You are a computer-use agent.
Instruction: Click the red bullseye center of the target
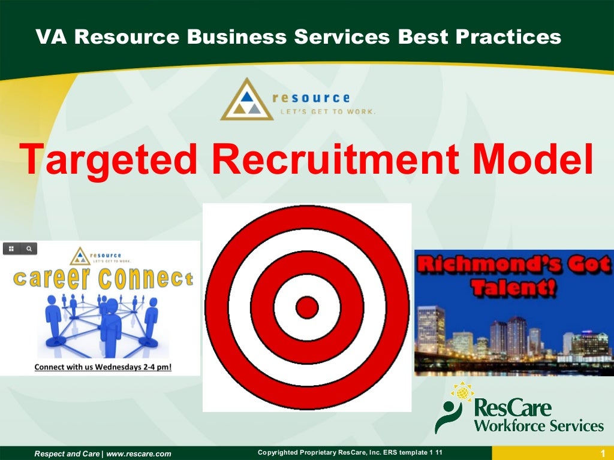307,307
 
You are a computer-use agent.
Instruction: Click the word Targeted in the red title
109,159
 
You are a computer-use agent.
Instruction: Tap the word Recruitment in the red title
336,159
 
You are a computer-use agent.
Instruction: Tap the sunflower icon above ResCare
462,392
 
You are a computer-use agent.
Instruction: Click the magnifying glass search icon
29,248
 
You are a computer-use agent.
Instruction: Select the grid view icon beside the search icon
11,248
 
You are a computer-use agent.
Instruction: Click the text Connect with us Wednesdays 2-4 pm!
103,366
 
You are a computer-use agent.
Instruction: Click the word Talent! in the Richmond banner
513,289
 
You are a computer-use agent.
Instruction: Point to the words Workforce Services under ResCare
538,426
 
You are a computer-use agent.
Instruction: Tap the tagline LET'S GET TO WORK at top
324,111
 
